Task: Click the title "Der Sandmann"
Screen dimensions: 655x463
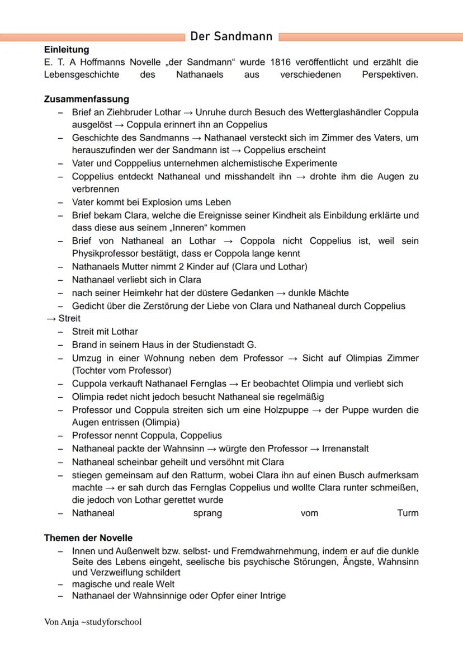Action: [x=231, y=37]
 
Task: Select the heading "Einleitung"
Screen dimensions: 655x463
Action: [x=67, y=50]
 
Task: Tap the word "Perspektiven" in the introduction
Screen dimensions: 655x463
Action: [x=389, y=74]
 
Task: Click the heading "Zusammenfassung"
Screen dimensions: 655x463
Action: [x=86, y=99]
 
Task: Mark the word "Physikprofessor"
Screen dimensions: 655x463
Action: [x=105, y=253]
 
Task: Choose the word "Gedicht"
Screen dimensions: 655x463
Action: [x=88, y=306]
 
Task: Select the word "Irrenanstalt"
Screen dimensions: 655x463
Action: [x=345, y=449]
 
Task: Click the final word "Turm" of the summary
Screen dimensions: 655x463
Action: [x=408, y=513]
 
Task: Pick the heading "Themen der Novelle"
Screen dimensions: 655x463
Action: [x=88, y=538]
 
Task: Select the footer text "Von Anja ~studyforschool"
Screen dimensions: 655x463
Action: [x=93, y=622]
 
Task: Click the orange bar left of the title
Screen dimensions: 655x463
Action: [x=92, y=37]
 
